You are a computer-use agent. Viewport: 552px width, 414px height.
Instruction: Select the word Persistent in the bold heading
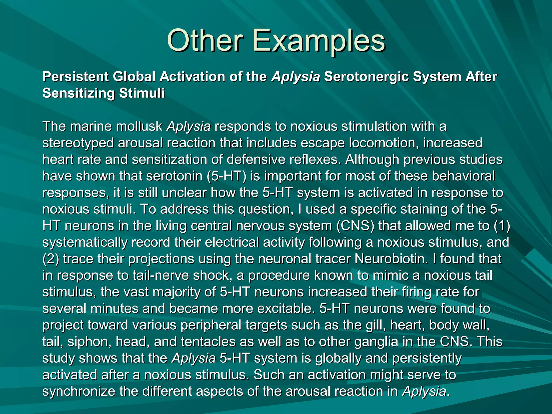click(x=75, y=77)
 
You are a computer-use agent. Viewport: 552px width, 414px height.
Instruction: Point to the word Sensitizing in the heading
click(x=78, y=93)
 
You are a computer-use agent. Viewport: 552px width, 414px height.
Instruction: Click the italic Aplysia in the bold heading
click(x=296, y=77)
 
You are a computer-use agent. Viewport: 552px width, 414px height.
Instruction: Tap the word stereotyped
click(x=78, y=143)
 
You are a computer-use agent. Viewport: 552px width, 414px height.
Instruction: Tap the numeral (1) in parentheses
click(x=502, y=226)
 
